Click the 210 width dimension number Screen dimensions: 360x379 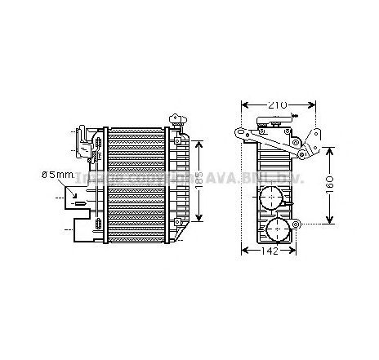pos(279,104)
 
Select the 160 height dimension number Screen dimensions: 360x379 pos(330,185)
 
